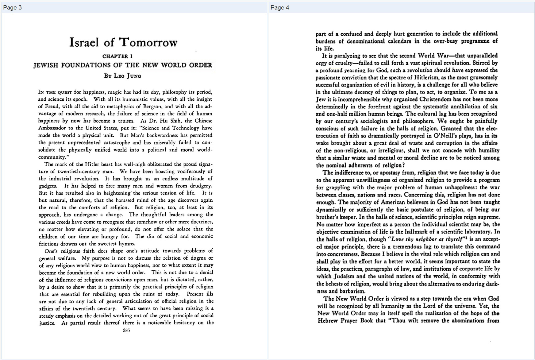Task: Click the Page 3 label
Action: tap(12, 8)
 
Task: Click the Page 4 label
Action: tap(280, 8)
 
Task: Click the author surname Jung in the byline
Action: tap(134, 76)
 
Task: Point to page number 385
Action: tap(126, 331)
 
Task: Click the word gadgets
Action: tap(48, 186)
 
